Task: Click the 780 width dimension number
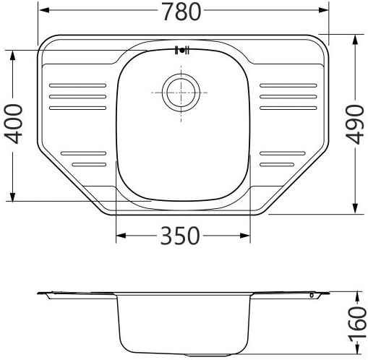click(179, 12)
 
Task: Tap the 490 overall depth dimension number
click(354, 124)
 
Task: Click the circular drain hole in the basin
click(179, 93)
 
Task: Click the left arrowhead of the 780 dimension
click(42, 12)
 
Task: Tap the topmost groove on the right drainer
click(288, 85)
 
